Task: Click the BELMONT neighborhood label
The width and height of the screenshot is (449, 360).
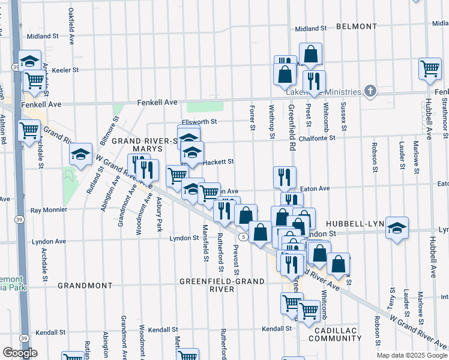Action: [356, 27]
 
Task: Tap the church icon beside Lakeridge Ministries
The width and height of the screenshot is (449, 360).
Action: [370, 91]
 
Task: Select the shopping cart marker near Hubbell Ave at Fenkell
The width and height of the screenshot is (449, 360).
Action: [430, 70]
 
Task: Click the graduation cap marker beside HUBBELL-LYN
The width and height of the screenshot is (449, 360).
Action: [397, 227]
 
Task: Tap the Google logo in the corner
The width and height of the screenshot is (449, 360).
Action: [20, 353]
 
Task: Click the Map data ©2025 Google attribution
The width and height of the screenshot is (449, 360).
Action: [412, 355]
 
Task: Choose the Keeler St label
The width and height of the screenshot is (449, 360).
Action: [65, 70]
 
